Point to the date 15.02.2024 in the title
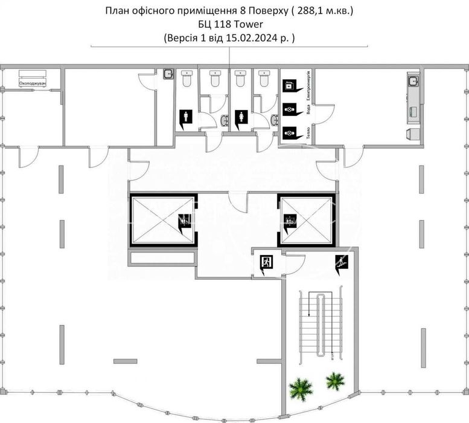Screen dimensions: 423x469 click(x=254, y=37)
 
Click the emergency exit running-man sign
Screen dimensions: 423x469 click(x=266, y=263)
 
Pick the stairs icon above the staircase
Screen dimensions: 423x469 click(x=342, y=262)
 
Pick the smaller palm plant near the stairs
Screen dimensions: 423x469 click(x=334, y=381)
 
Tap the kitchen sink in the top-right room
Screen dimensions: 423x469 click(x=413, y=81)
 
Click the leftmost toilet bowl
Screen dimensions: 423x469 click(x=187, y=79)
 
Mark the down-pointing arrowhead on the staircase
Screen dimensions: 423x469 click(x=310, y=315)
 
